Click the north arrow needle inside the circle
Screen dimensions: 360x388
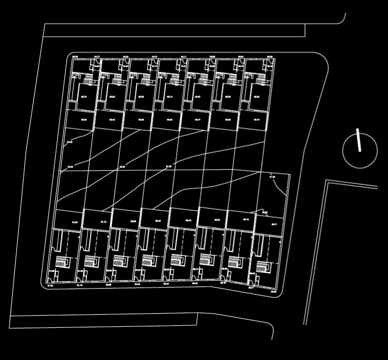coord(359,140)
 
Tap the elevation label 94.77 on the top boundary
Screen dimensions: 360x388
coord(97,57)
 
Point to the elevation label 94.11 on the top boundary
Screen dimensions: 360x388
coord(184,57)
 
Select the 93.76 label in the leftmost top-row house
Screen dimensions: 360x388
coord(84,97)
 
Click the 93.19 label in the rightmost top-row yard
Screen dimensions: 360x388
coord(256,120)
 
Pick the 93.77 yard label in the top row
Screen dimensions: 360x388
coord(198,120)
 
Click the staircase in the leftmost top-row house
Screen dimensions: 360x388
coord(88,79)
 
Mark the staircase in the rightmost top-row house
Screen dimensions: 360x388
coord(261,79)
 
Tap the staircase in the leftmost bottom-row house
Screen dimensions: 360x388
coord(62,261)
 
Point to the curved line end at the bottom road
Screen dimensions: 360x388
coord(272,337)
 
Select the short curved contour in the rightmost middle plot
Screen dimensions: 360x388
coord(279,189)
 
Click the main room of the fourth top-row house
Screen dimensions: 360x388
coord(169,97)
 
